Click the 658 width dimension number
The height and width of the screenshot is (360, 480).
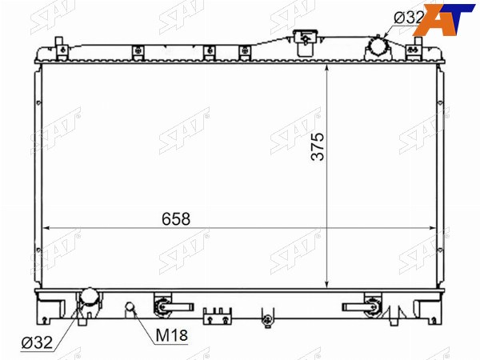point(176,219)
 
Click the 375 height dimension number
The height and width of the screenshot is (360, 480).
point(318,146)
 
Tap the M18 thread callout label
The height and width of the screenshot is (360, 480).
point(171,335)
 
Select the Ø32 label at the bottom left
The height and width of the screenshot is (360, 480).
point(37,342)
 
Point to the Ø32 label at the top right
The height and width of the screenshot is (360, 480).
point(409,17)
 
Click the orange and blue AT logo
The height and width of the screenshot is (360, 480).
point(444,19)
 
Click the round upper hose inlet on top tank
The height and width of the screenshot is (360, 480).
point(378,48)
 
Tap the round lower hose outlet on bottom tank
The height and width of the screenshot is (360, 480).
point(89,297)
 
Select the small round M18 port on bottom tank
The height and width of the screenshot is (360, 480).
point(130,306)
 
